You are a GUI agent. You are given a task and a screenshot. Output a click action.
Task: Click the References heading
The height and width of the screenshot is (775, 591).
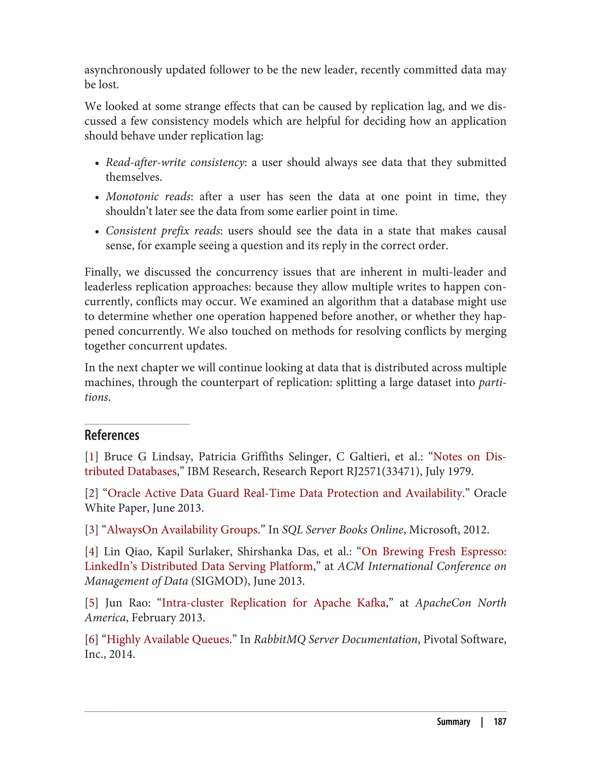(x=112, y=435)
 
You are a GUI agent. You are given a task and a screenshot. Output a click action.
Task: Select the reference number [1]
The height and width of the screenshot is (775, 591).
(x=91, y=457)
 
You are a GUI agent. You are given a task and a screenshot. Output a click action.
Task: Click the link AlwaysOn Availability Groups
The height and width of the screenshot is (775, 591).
(x=182, y=530)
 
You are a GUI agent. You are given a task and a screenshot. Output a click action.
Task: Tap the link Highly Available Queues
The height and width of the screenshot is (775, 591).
(x=168, y=639)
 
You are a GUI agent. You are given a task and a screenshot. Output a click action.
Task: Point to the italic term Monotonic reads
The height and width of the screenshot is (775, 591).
(x=148, y=196)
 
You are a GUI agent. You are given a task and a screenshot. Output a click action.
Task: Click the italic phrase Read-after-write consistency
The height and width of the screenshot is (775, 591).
(x=175, y=162)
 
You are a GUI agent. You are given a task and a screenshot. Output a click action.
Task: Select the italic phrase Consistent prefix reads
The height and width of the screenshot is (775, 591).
(x=163, y=231)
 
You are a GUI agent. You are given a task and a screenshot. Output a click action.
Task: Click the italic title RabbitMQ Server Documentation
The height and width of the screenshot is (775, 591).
(x=335, y=639)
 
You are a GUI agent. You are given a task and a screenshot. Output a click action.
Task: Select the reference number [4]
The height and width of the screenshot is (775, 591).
(x=91, y=552)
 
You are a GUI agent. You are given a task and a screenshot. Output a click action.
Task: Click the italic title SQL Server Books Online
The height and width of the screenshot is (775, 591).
(x=342, y=530)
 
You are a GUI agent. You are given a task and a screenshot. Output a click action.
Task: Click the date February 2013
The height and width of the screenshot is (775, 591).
(x=168, y=618)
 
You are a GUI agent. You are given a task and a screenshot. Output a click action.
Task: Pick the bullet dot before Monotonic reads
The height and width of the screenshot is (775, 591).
(x=97, y=197)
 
